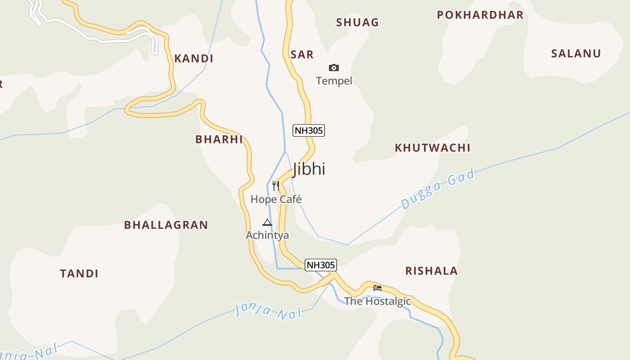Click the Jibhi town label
click(x=309, y=169)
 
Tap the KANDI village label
click(x=193, y=58)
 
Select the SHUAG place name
click(x=357, y=22)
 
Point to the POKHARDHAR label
click(x=480, y=15)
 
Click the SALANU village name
click(x=576, y=54)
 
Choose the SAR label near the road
click(x=302, y=55)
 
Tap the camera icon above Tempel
click(x=333, y=67)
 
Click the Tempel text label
click(x=334, y=81)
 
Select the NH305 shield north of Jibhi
click(x=309, y=130)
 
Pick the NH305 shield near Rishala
click(x=321, y=265)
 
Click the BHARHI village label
click(x=219, y=139)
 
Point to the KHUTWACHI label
click(x=432, y=148)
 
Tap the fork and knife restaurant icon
click(x=276, y=185)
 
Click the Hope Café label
click(x=276, y=199)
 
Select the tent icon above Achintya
click(x=267, y=222)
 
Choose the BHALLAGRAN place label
click(x=166, y=225)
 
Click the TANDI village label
click(x=79, y=274)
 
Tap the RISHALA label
click(x=432, y=271)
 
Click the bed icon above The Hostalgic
click(x=378, y=288)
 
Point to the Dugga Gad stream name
click(x=438, y=189)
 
